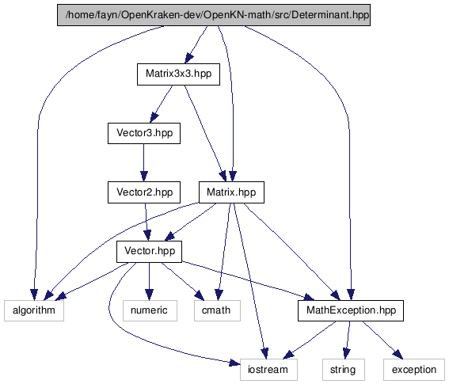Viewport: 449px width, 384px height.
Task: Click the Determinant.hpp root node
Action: pos(214,15)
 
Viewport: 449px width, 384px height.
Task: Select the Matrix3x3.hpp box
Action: pos(178,74)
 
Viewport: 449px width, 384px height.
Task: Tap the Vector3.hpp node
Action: pos(144,133)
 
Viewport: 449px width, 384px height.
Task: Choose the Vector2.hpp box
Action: pos(144,192)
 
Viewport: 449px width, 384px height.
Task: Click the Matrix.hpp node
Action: pos(231,192)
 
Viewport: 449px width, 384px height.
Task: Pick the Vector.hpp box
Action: pos(149,252)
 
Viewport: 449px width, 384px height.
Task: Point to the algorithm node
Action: pos(34,310)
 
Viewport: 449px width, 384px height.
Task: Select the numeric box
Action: pos(150,310)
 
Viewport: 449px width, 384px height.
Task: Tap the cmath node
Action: pos(217,310)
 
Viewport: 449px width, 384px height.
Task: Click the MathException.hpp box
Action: pos(351,310)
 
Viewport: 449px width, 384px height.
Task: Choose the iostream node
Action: pos(268,370)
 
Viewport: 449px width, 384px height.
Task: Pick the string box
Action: pos(344,370)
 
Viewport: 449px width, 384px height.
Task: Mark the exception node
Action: pos(414,370)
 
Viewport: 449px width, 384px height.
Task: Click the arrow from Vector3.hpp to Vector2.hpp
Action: pos(144,162)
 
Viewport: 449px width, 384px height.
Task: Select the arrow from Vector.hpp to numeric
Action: pos(149,281)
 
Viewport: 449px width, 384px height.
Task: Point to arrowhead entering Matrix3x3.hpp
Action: pos(188,59)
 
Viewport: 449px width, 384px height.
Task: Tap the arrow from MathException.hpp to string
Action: pos(348,340)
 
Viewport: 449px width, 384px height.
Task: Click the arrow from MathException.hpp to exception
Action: pos(382,340)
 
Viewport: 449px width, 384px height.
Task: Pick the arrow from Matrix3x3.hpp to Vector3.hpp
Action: pos(162,104)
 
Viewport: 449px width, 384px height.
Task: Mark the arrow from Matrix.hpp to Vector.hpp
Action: pos(190,222)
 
